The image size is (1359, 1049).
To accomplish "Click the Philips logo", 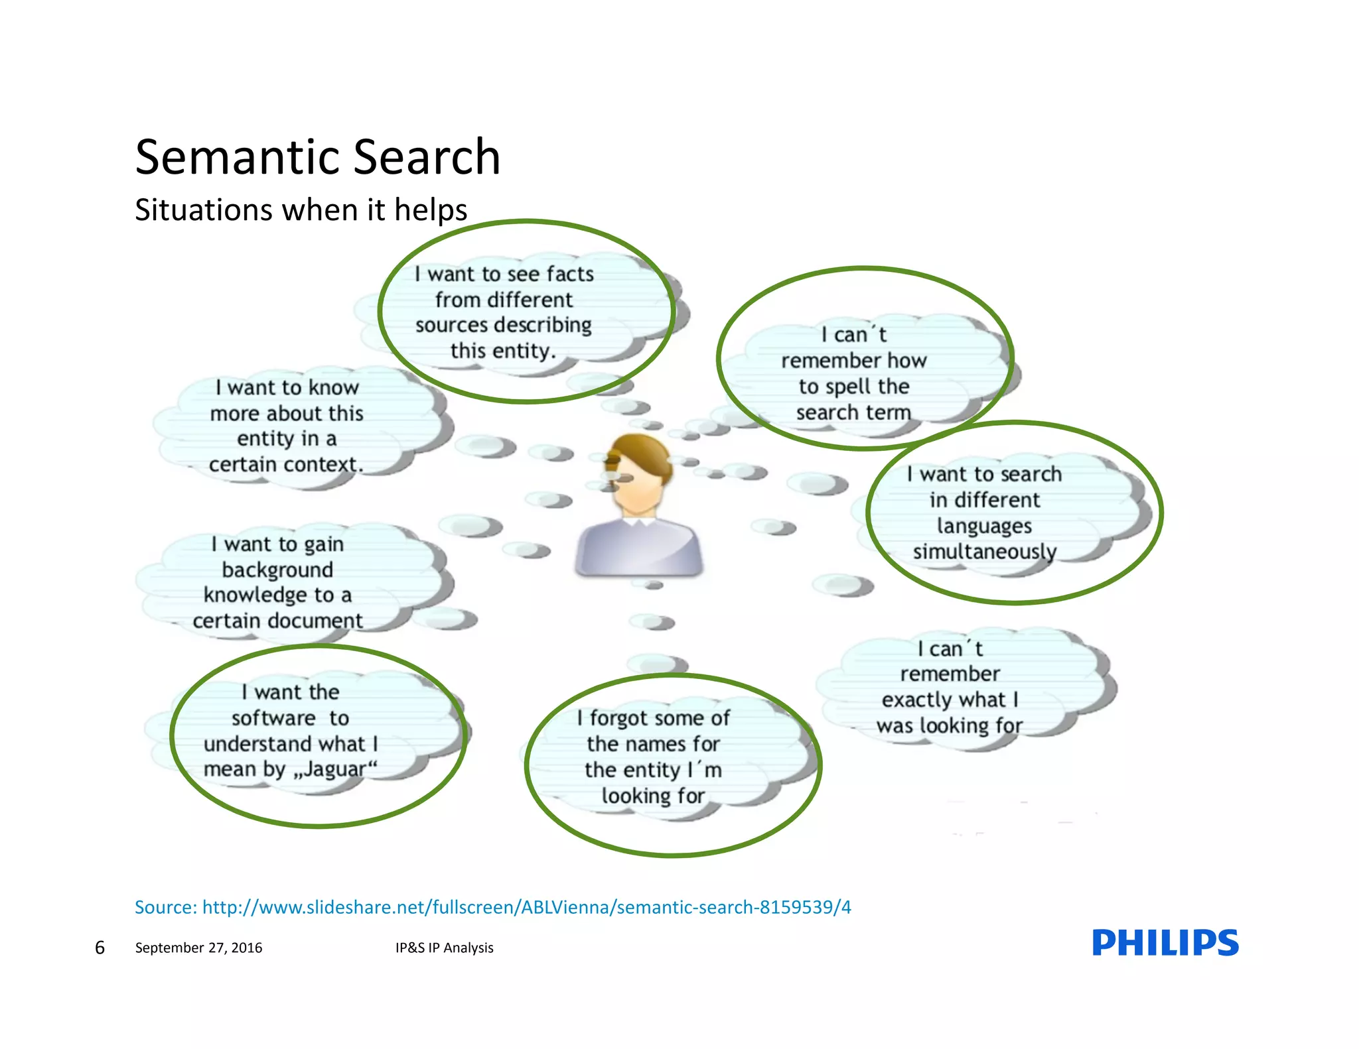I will [1165, 942].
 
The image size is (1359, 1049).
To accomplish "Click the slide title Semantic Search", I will [317, 157].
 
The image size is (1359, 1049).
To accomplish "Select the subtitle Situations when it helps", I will [301, 210].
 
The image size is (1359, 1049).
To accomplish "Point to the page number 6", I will [100, 948].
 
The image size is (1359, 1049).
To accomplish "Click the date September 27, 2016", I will [198, 948].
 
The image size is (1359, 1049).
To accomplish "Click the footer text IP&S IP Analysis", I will [444, 948].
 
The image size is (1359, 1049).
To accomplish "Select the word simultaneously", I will [984, 552].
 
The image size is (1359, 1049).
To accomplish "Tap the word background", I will [277, 570].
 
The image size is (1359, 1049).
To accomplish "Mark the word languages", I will [984, 526].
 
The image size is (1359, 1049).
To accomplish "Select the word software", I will [273, 718].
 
